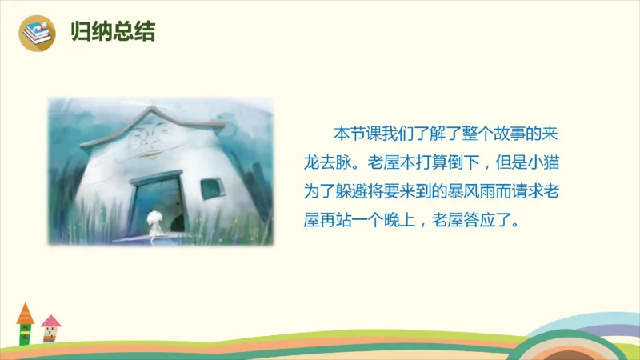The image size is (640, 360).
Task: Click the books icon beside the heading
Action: (34, 33)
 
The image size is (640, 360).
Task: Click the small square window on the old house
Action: (210, 189)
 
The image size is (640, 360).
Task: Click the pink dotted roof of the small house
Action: (50, 322)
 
